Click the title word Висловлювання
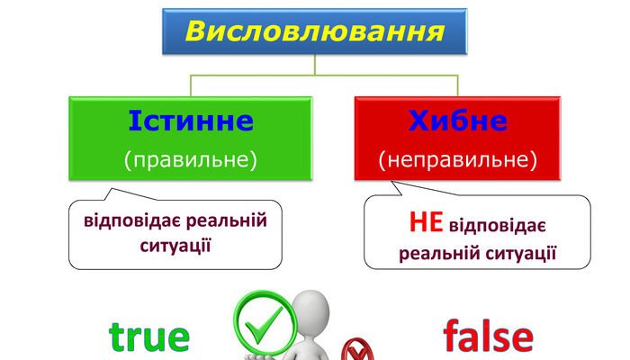coord(314,32)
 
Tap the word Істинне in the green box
coord(190,121)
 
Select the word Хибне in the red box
coord(457,121)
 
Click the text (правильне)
coord(190,160)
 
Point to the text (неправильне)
coord(457,160)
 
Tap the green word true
coord(149,337)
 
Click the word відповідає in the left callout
coord(134,220)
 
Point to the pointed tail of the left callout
coord(111,193)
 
